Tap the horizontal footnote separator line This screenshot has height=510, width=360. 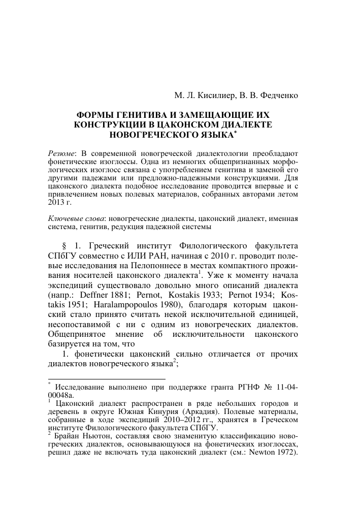tap(106, 379)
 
